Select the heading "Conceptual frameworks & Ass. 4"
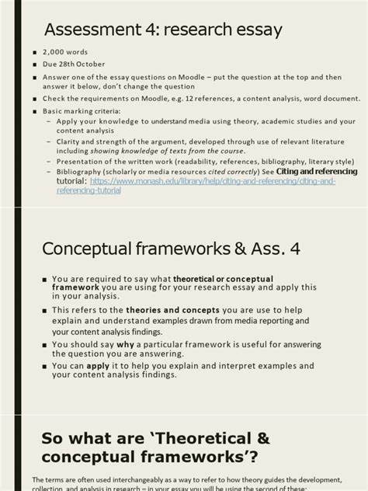click(170, 249)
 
